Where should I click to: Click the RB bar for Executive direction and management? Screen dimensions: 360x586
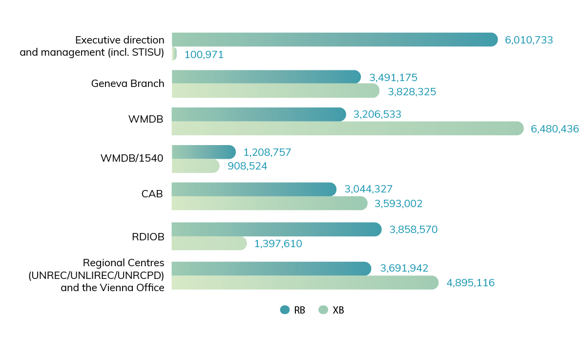[335, 40]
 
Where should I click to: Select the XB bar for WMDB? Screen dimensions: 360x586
[347, 128]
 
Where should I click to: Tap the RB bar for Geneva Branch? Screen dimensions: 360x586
[266, 77]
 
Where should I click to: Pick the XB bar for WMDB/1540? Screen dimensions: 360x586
[196, 166]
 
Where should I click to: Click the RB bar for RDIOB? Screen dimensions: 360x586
[276, 230]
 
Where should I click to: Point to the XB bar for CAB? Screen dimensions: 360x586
[270, 203]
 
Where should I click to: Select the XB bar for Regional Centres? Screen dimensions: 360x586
[305, 282]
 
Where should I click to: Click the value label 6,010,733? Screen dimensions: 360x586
[529, 40]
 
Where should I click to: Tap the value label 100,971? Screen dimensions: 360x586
[204, 55]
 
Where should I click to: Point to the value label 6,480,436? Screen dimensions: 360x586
[555, 129]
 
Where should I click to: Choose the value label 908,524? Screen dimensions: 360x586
[247, 166]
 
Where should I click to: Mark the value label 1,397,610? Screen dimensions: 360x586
[278, 243]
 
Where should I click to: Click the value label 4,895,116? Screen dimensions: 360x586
[470, 282]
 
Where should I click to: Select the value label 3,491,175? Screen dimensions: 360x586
[393, 77]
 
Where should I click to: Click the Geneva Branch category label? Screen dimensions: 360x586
[127, 84]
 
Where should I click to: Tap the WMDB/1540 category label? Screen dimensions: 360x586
[131, 158]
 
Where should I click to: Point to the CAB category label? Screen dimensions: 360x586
[152, 193]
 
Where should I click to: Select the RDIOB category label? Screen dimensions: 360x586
[148, 237]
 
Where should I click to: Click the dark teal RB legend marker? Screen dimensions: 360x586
[285, 310]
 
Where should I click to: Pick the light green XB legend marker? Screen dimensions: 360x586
[323, 310]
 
